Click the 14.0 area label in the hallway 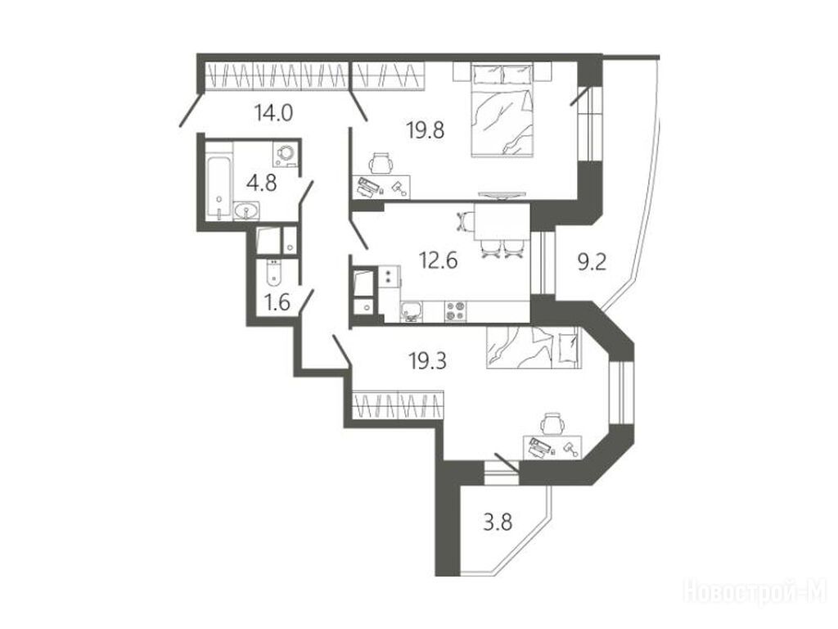tap(273, 113)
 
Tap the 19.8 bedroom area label tap(426, 129)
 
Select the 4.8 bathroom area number tap(262, 183)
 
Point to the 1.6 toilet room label tap(277, 302)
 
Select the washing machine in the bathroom tap(286, 153)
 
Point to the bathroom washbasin tap(246, 212)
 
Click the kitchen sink tap(412, 310)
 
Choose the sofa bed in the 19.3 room tap(533, 347)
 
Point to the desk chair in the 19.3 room tap(552, 424)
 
